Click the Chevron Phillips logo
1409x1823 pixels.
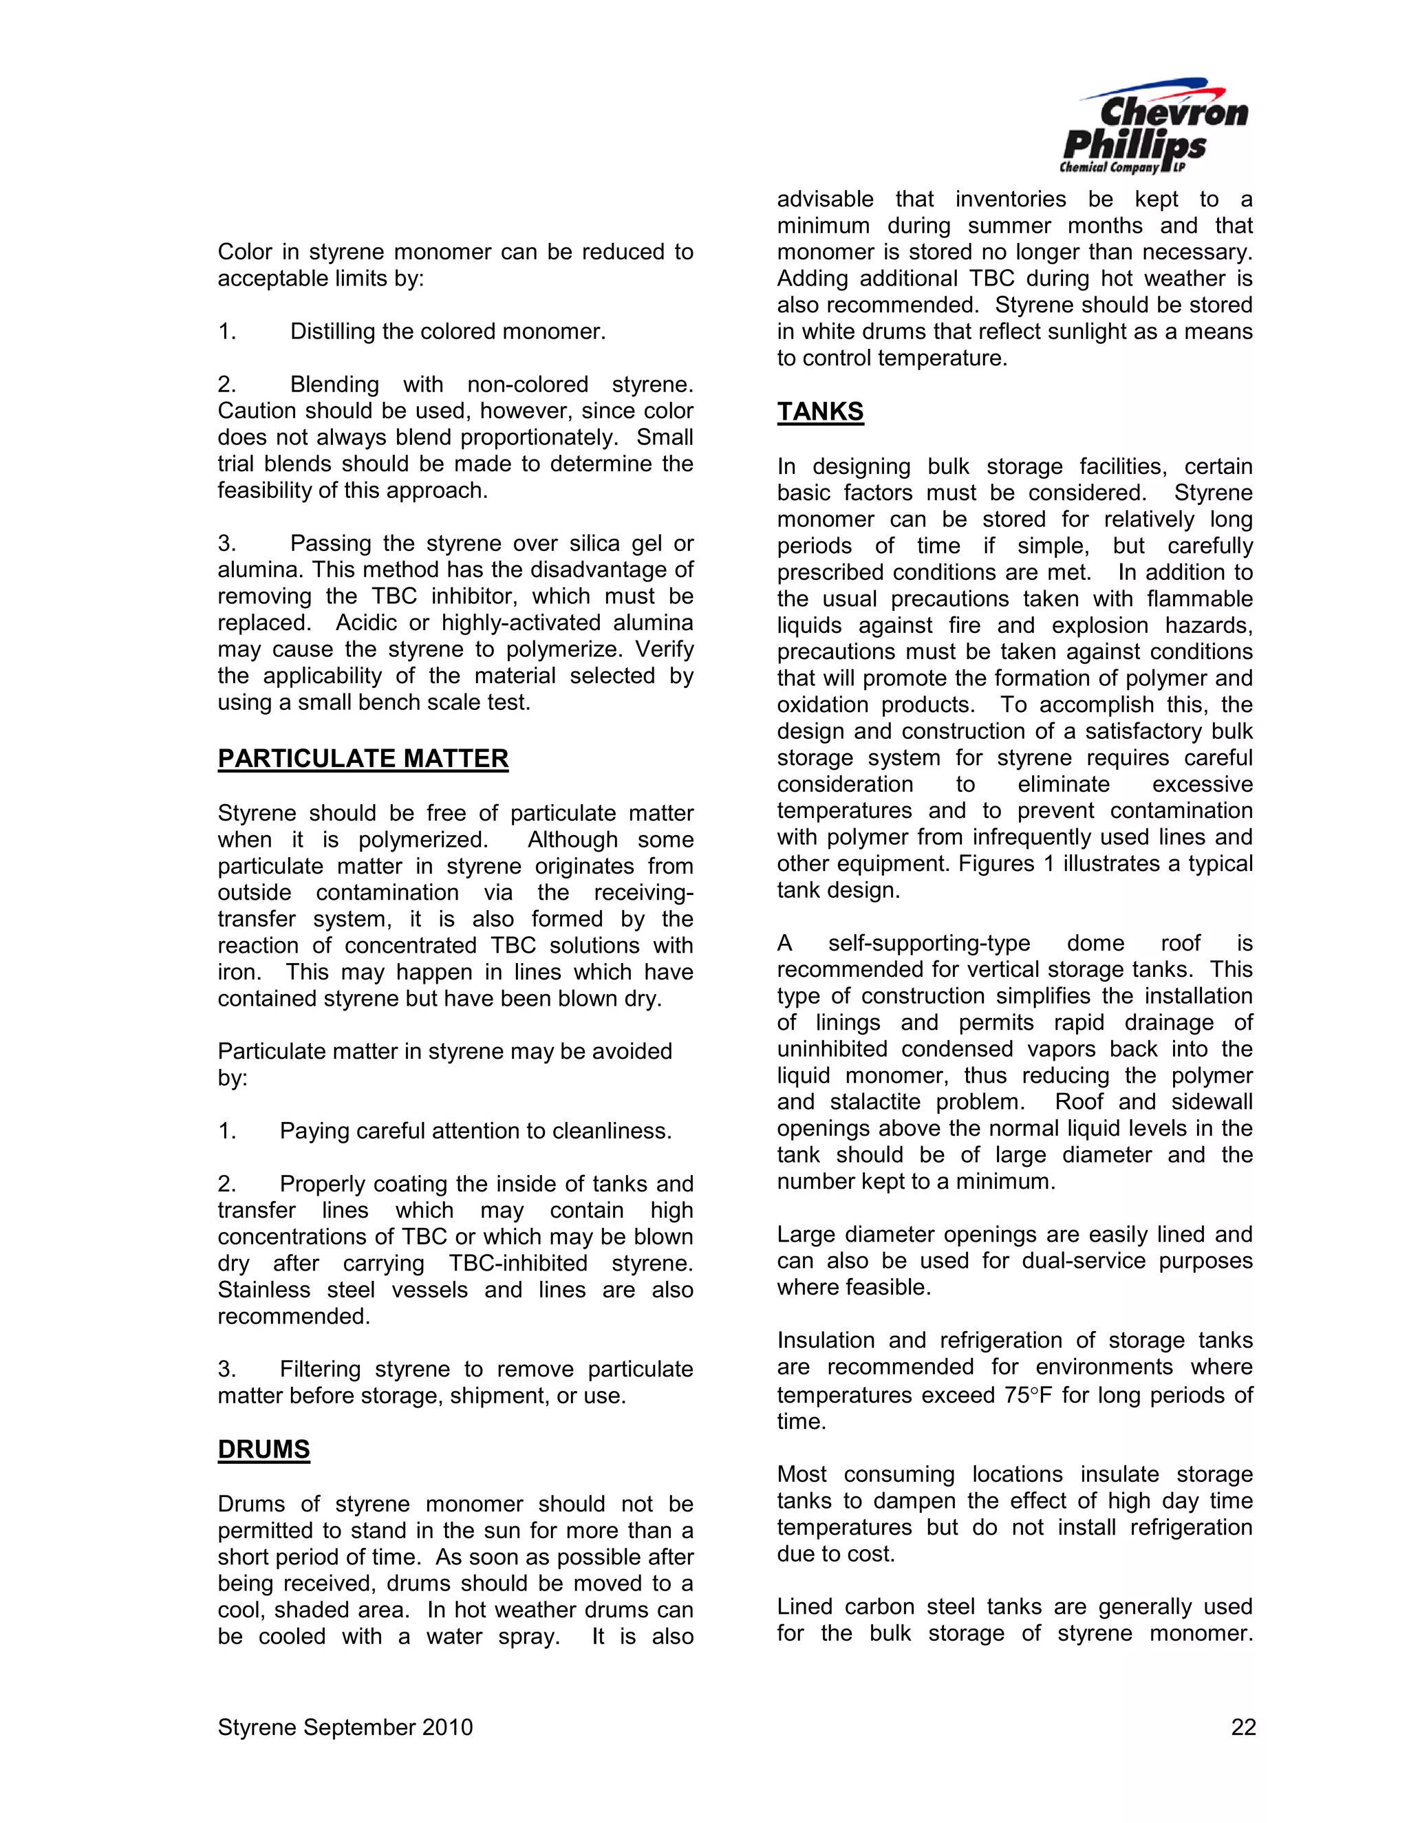(x=1154, y=127)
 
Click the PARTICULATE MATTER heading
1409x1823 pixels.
(x=363, y=759)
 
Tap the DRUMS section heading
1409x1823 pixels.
(x=263, y=1450)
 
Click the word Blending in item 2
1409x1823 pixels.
(x=334, y=385)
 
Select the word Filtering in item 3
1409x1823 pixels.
(x=320, y=1369)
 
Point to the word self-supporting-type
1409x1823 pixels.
(x=928, y=943)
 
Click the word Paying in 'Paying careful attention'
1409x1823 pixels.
(x=314, y=1131)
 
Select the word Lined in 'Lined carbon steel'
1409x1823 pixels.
(x=804, y=1607)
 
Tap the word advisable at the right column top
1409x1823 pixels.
(x=825, y=199)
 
